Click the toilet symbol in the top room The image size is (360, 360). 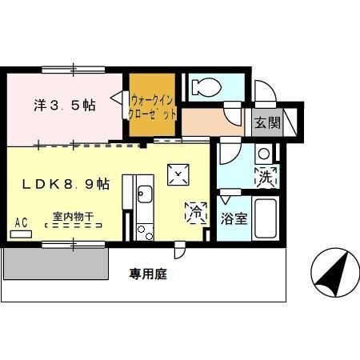pos(210,86)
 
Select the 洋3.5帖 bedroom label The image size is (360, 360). pos(65,106)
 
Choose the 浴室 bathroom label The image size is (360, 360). pos(234,218)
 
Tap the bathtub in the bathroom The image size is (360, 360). pos(266,219)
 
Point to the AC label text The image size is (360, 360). pos(22,222)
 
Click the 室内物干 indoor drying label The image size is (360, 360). pos(74,216)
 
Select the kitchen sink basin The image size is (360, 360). pos(145,195)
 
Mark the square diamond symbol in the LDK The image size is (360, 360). pos(177,174)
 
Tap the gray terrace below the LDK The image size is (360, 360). pos(56,262)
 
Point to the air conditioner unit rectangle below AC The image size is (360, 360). pos(22,234)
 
